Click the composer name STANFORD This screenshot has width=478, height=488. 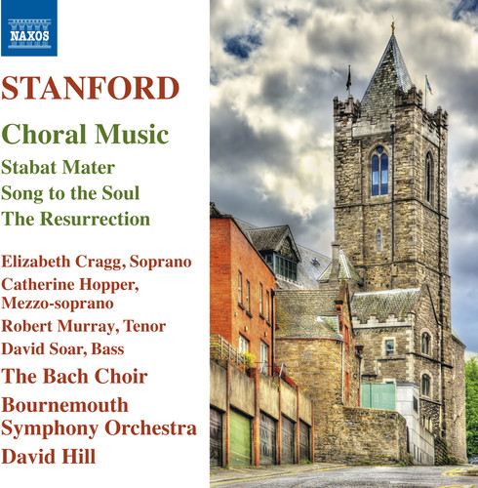click(91, 88)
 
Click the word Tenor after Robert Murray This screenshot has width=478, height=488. click(143, 326)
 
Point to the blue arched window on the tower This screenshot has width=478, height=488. click(379, 171)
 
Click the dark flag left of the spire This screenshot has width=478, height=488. click(347, 73)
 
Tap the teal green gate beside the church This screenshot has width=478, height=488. click(378, 395)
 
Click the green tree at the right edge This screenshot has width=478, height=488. click(472, 411)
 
